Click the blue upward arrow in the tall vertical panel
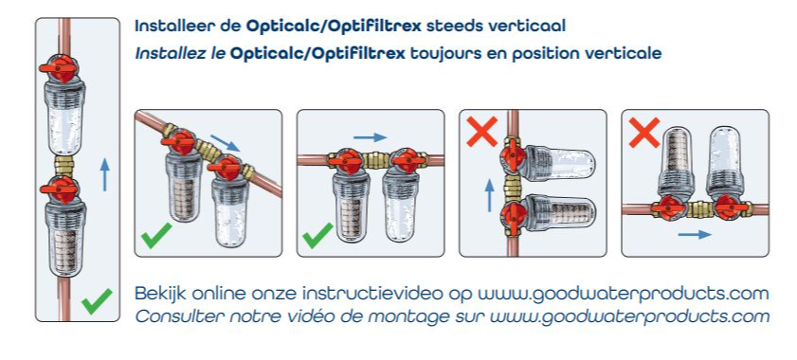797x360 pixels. [104, 174]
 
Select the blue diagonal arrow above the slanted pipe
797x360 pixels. [225, 142]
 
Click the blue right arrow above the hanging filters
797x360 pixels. [370, 137]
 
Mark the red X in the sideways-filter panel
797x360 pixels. [481, 132]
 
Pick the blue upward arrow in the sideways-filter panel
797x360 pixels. [489, 195]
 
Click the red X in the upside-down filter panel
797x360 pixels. [644, 133]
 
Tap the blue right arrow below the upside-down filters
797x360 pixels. [695, 234]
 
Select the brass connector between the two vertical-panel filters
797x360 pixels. [64, 165]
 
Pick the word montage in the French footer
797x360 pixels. [408, 317]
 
